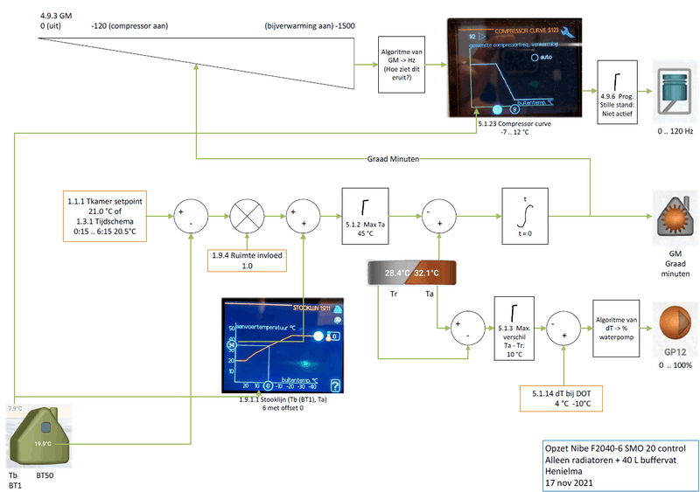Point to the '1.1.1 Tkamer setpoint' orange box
[105, 212]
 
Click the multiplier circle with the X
[247, 213]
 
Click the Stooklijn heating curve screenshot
[283, 347]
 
